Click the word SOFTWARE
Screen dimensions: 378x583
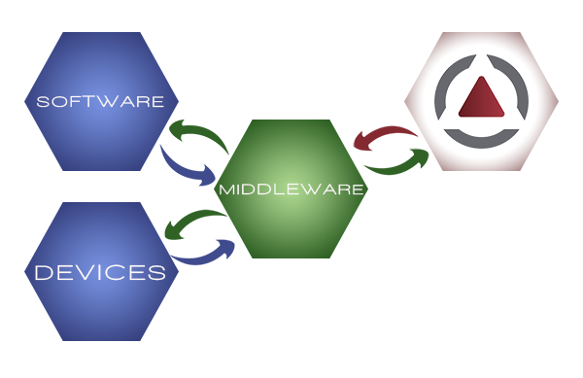pyautogui.click(x=99, y=101)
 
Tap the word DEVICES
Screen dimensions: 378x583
pyautogui.click(x=100, y=272)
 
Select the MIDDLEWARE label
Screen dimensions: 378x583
pyautogui.click(x=291, y=189)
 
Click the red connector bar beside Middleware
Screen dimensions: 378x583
pyautogui.click(x=385, y=137)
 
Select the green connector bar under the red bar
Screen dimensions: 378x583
pyautogui.click(x=395, y=162)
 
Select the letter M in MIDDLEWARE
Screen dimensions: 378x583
pyautogui.click(x=226, y=189)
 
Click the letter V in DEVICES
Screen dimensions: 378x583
pyautogui.click(x=84, y=272)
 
